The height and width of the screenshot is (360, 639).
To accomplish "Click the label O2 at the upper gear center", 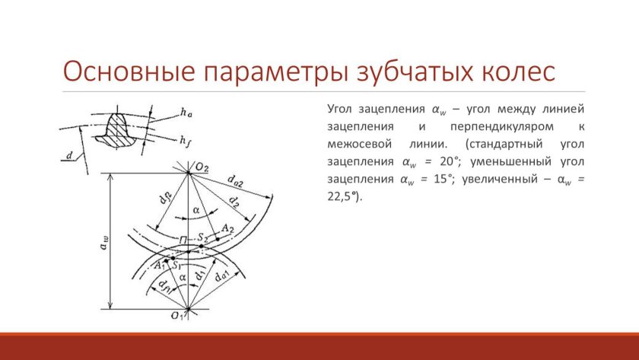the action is [x=202, y=167].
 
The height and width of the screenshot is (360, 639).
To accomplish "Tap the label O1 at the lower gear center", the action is [x=177, y=315].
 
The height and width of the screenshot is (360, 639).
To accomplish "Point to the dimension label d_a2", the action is [x=235, y=180].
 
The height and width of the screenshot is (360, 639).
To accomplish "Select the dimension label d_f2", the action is [x=166, y=199].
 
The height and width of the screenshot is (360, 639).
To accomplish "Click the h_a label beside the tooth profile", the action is [x=186, y=113].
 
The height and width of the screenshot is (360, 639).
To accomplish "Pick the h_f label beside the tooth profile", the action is [x=186, y=141].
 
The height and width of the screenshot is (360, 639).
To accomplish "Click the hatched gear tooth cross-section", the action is [x=116, y=129].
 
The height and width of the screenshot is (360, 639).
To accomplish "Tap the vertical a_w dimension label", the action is [x=103, y=242].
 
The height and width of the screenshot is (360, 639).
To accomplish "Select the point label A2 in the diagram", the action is [x=227, y=229].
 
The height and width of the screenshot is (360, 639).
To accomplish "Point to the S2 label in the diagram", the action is [x=203, y=237].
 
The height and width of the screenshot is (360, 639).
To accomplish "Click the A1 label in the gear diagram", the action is [x=159, y=266].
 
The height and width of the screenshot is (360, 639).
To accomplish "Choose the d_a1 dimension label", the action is [x=221, y=276].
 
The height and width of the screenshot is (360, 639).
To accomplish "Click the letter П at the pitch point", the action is [x=183, y=239].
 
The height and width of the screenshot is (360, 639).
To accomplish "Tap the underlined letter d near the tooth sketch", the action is [x=69, y=155].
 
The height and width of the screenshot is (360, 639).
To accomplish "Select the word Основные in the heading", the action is [x=129, y=72].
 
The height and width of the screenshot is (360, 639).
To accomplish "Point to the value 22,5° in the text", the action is [x=343, y=197].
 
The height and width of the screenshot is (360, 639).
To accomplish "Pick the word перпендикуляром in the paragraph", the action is [x=502, y=127].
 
